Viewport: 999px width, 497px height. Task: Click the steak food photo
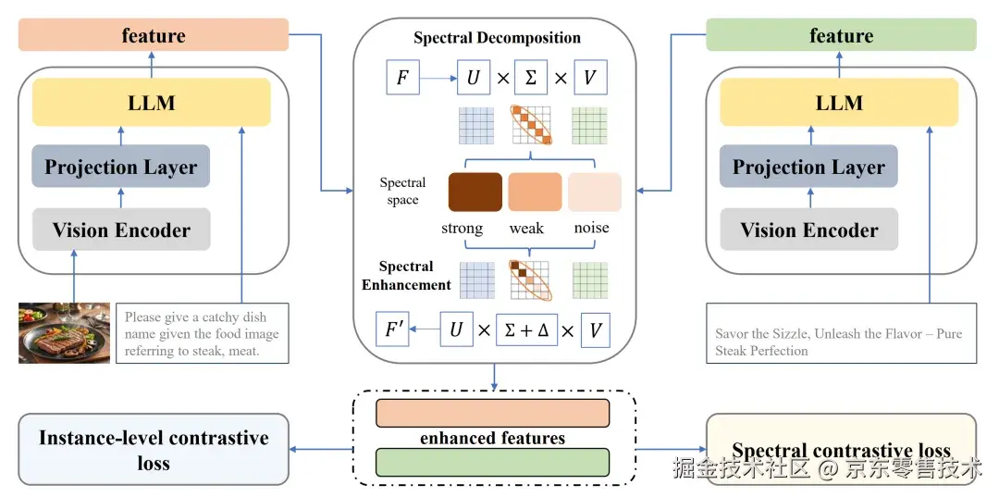pyautogui.click(x=64, y=332)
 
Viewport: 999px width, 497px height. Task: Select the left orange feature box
pyautogui.click(x=154, y=36)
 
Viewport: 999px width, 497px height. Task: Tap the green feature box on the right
pyautogui.click(x=841, y=36)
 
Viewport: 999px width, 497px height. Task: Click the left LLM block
pyautogui.click(x=152, y=102)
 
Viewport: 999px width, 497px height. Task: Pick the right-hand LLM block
pyautogui.click(x=839, y=102)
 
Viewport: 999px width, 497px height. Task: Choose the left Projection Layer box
pyautogui.click(x=121, y=167)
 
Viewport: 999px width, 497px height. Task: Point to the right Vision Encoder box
pyautogui.click(x=809, y=230)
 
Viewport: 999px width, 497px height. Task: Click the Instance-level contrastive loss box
pyautogui.click(x=154, y=450)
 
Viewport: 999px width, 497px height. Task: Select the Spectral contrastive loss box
pyautogui.click(x=841, y=450)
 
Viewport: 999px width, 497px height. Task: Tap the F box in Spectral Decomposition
pyautogui.click(x=402, y=78)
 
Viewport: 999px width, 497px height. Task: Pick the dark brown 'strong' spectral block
pyautogui.click(x=475, y=192)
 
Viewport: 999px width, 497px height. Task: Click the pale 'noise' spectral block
pyautogui.click(x=594, y=192)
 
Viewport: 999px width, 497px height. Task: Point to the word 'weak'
pyautogui.click(x=526, y=228)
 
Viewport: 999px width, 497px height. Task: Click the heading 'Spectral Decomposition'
pyautogui.click(x=497, y=38)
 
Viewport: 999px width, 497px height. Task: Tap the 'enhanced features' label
pyautogui.click(x=492, y=438)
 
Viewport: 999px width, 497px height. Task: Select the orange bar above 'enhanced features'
pyautogui.click(x=492, y=414)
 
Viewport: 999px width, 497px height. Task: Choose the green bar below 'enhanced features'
pyautogui.click(x=492, y=462)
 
